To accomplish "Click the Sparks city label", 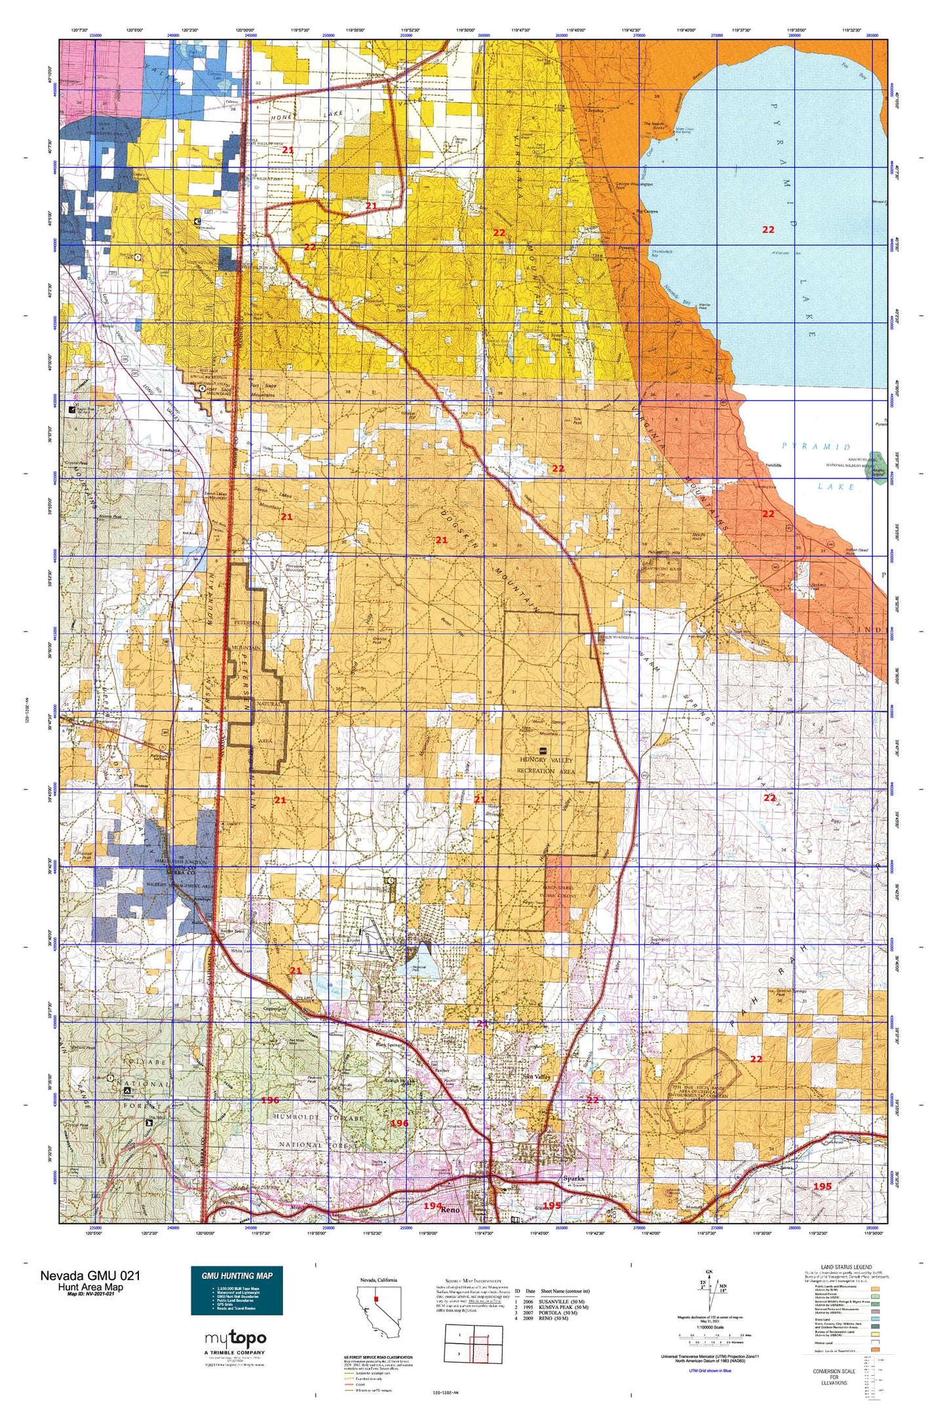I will pyautogui.click(x=573, y=1178).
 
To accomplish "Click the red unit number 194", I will pyautogui.click(x=432, y=1205).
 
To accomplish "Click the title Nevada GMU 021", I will pyautogui.click(x=90, y=1275).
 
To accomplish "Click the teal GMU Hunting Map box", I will pyautogui.click(x=237, y=1290).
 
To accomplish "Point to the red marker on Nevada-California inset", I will pyautogui.click(x=377, y=1298).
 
